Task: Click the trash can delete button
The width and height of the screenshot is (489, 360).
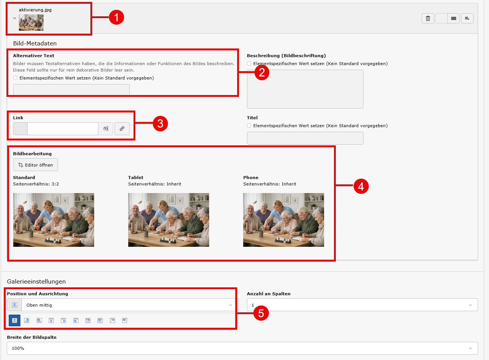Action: (x=428, y=18)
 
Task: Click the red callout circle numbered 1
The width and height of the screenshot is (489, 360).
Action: (x=116, y=17)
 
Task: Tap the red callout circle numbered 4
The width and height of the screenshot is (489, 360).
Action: (x=361, y=186)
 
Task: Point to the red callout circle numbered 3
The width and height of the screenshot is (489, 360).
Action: (x=160, y=124)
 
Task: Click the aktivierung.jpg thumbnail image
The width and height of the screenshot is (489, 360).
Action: (x=31, y=22)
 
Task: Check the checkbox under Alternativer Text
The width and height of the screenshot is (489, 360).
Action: (x=15, y=78)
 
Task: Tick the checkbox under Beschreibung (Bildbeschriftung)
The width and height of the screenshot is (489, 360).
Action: (x=249, y=64)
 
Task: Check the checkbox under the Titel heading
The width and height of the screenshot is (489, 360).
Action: (x=249, y=126)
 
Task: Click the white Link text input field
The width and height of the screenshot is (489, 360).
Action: (x=63, y=129)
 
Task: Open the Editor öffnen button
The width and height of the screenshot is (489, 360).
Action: (x=36, y=165)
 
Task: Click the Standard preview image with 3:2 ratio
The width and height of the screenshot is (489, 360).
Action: (x=53, y=220)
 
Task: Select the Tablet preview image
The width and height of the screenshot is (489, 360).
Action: (x=169, y=220)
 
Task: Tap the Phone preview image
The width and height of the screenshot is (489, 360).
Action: (x=284, y=220)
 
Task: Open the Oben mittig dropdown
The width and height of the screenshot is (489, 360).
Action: (x=129, y=305)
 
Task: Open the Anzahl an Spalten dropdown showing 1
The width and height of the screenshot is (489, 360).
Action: (x=362, y=305)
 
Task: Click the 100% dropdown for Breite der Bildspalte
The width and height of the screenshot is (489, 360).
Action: (x=242, y=348)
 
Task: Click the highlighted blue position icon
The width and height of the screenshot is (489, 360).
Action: (x=15, y=321)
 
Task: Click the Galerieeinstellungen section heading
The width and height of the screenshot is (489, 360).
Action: (x=36, y=281)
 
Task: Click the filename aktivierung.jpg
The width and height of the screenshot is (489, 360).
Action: (x=35, y=10)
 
